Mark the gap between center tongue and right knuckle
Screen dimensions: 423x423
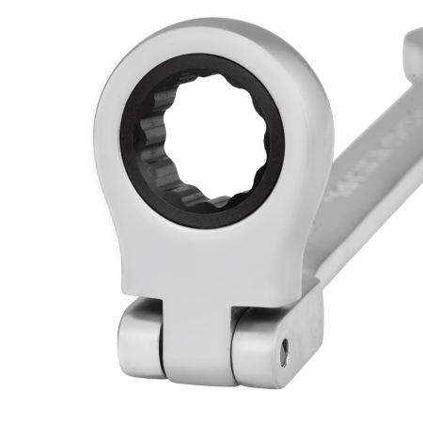pyautogui.click(x=231, y=343)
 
